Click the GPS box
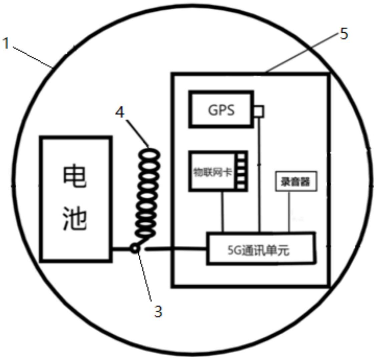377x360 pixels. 221,109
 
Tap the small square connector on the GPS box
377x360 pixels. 259,112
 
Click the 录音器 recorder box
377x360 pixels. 295,182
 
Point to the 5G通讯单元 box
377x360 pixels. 260,249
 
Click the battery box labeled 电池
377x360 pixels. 76,199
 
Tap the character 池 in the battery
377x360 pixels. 75,219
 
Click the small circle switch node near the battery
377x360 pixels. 134,248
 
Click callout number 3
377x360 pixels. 158,311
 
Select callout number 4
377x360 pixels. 120,112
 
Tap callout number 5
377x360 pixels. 344,34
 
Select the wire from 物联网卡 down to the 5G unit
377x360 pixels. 223,211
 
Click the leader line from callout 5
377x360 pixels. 300,53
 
